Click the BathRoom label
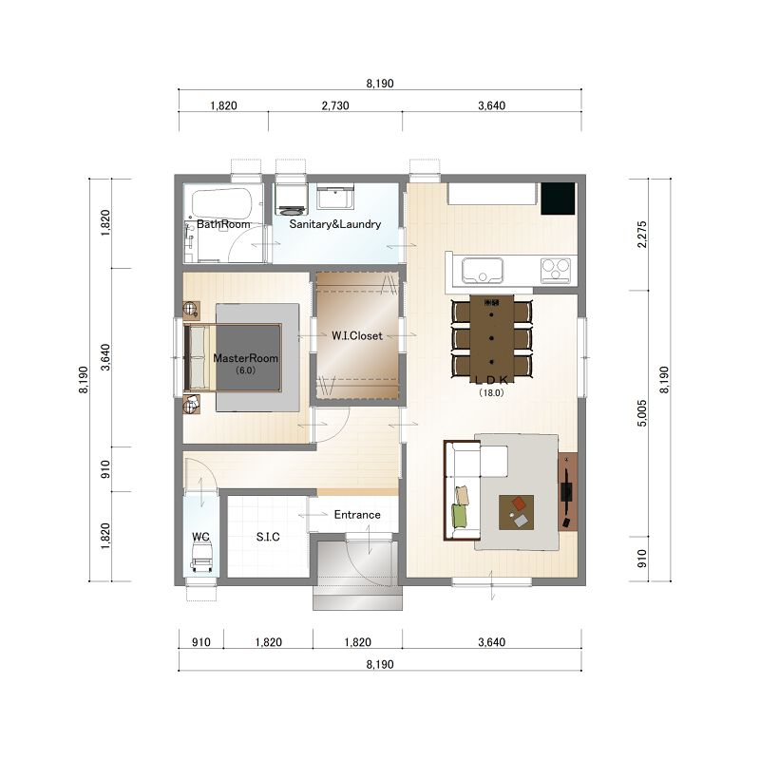click(223, 224)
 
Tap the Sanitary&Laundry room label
click(335, 224)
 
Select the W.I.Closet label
click(357, 335)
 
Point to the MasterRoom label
click(246, 358)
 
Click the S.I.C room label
click(268, 537)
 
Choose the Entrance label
click(357, 514)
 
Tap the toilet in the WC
click(202, 557)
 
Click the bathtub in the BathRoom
click(222, 203)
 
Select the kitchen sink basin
click(483, 270)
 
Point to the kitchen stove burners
click(556, 270)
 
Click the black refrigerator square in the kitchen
click(558, 199)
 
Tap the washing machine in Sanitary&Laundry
click(291, 199)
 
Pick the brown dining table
click(491, 335)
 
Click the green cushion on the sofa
click(460, 516)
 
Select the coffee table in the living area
click(516, 512)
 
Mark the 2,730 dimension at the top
click(335, 105)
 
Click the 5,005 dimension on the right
click(642, 413)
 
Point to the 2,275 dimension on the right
click(642, 235)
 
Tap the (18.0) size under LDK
click(491, 392)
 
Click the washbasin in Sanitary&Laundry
click(335, 197)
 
